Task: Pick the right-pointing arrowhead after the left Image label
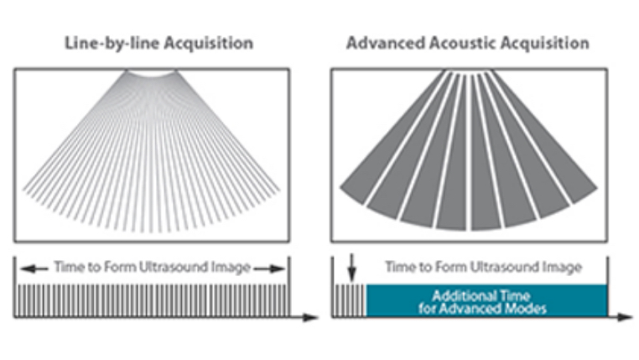pyautogui.click(x=279, y=268)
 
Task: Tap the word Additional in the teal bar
pyautogui.click(x=460, y=295)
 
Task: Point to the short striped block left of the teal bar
pyautogui.click(x=350, y=300)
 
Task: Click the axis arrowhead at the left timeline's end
pyautogui.click(x=313, y=317)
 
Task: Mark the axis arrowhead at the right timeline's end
pyautogui.click(x=626, y=317)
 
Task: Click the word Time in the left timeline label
pyautogui.click(x=67, y=268)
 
